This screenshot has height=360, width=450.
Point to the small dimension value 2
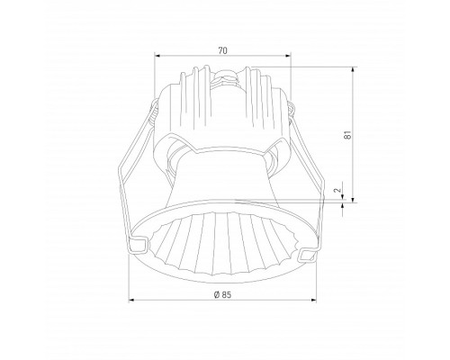pos(335,191)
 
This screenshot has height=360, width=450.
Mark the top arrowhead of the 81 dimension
pos(353,67)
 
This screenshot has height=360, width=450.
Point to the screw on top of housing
pos(226,76)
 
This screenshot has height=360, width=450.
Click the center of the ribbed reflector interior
pos(225,238)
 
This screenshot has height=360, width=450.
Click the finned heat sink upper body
pos(225,108)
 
